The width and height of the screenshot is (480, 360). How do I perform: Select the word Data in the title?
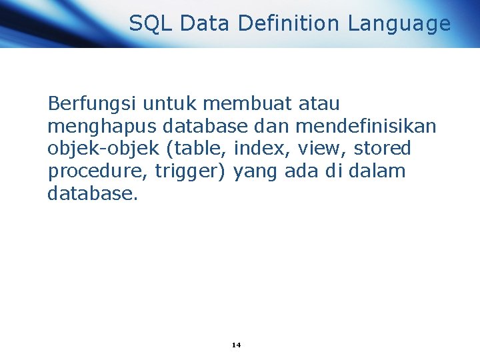pyautogui.click(x=205, y=24)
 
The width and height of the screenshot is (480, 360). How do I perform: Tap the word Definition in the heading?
pyautogui.click(x=288, y=24)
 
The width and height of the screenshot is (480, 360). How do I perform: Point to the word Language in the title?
pyautogui.click(x=399, y=24)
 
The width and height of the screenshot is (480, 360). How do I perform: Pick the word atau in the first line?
pyautogui.click(x=319, y=105)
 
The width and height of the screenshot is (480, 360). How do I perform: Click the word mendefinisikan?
pyautogui.click(x=365, y=127)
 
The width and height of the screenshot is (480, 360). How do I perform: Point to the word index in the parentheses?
pyautogui.click(x=256, y=149)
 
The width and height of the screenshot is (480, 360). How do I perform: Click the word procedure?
pyautogui.click(x=98, y=172)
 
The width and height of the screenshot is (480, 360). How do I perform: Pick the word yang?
pyautogui.click(x=257, y=172)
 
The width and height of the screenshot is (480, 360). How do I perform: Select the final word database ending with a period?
pyautogui.click(x=93, y=194)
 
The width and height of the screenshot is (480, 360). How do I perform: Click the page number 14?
pyautogui.click(x=236, y=345)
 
